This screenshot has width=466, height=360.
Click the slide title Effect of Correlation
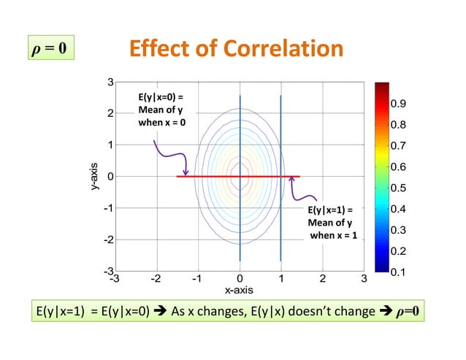pyautogui.click(x=235, y=49)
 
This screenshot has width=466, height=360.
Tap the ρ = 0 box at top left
pyautogui.click(x=50, y=49)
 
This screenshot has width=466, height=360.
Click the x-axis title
pyautogui.click(x=239, y=290)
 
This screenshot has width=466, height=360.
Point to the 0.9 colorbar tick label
pyautogui.click(x=398, y=104)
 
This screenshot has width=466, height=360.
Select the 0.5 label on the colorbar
pyautogui.click(x=398, y=188)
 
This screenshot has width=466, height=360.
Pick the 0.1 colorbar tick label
pyautogui.click(x=398, y=272)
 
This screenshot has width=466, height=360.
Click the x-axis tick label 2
pyautogui.click(x=322, y=278)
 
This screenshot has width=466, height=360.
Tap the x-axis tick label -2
pyautogui.click(x=155, y=278)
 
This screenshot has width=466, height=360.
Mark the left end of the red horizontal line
pyautogui.click(x=178, y=176)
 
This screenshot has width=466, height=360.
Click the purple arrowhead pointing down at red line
pyautogui.click(x=186, y=172)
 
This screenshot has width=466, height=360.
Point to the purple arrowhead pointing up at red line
pyautogui.click(x=293, y=180)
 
